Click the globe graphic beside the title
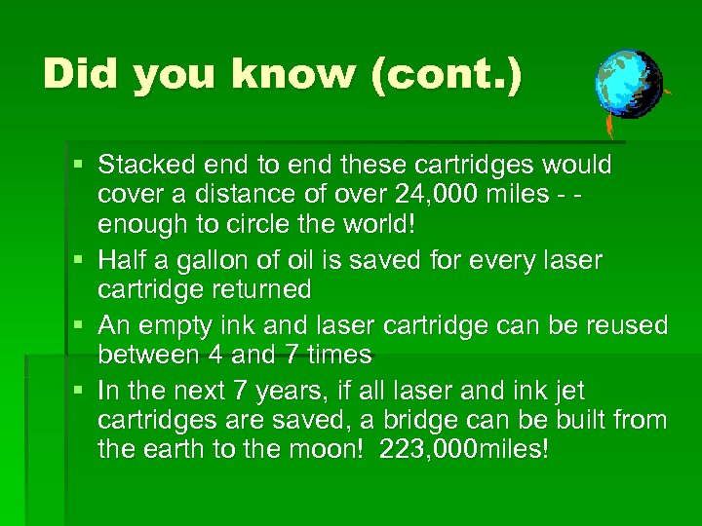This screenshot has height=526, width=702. [x=628, y=85]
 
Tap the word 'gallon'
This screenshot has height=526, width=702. [x=195, y=260]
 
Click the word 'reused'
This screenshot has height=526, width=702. [x=626, y=324]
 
